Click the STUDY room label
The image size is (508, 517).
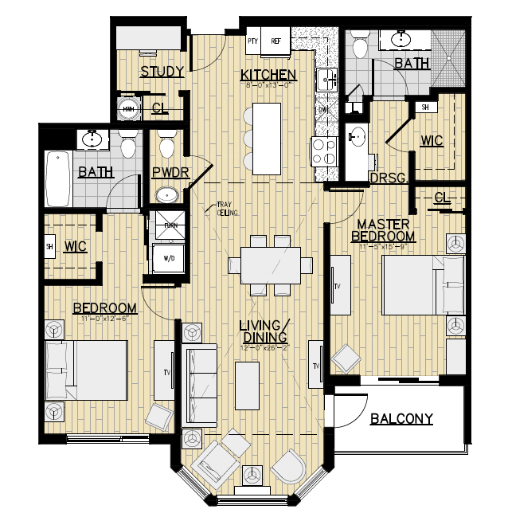coord(162,72)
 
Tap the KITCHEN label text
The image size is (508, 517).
coord(269,76)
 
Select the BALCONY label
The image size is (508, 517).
coord(401,418)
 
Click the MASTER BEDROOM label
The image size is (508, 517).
coord(383,230)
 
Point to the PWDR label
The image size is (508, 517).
coord(168,172)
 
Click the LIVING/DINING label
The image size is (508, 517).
coord(264,331)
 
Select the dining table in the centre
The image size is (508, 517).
coord(264,263)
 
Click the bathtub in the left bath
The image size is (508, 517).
coord(57,178)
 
